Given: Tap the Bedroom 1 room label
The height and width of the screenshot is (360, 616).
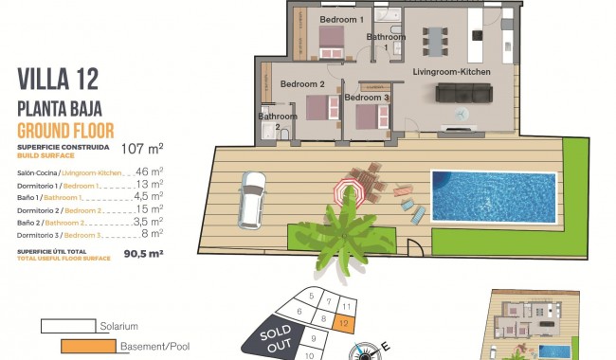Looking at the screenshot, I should pos(342,19).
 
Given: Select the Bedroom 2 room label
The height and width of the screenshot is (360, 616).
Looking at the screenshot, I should pos(303,83).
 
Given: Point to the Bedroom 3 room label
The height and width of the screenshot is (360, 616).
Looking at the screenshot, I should pos(367,98).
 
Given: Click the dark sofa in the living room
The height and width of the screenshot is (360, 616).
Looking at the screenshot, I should pos(465,93).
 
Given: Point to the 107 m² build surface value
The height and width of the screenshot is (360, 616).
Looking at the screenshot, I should pos(142,149).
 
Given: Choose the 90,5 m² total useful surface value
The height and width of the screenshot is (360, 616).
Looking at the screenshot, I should pos(143,254).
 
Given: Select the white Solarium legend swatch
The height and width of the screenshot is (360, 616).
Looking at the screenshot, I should pos(67,326).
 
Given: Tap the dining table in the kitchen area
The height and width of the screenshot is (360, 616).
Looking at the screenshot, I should pos(436,41).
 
